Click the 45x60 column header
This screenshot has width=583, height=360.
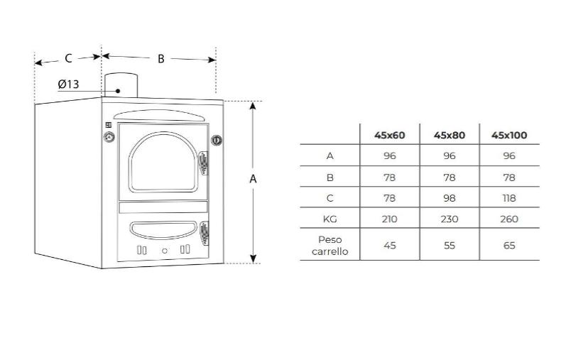[x=389, y=135]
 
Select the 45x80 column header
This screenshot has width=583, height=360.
[x=449, y=135]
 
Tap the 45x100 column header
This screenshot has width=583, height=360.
[x=509, y=135]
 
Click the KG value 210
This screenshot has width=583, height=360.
[x=389, y=219]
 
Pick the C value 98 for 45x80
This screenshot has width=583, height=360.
[x=449, y=198]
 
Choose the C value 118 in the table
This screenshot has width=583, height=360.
[x=509, y=198]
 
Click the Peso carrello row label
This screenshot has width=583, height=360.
[x=329, y=246]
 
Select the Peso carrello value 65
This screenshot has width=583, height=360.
[x=509, y=246]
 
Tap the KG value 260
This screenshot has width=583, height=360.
[x=509, y=219]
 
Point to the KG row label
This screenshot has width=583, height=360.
[x=329, y=219]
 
